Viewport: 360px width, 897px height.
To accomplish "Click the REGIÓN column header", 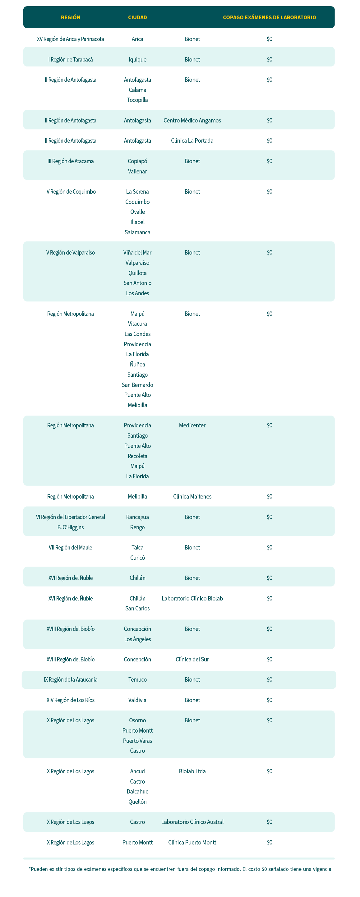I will (70, 17).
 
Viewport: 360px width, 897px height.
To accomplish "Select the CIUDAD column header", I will (137, 17).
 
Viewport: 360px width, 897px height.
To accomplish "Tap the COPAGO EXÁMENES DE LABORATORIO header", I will (269, 17).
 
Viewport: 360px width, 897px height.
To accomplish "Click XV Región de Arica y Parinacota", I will (70, 39).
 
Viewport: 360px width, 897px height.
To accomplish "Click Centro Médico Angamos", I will (192, 121).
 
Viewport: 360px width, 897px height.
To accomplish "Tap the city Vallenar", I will (137, 171).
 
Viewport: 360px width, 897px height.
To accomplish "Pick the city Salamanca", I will (137, 232).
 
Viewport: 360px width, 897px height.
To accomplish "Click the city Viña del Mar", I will (137, 252).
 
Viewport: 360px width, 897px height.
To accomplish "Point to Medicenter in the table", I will (192, 425).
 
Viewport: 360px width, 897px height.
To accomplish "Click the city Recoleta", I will (137, 456).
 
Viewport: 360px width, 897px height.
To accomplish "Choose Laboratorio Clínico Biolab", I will (192, 598).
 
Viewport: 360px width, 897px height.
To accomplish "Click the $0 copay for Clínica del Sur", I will (269, 659).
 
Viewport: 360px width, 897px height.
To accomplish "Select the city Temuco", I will (137, 680).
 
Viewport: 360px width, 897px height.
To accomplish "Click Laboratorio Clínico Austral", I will (192, 822).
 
